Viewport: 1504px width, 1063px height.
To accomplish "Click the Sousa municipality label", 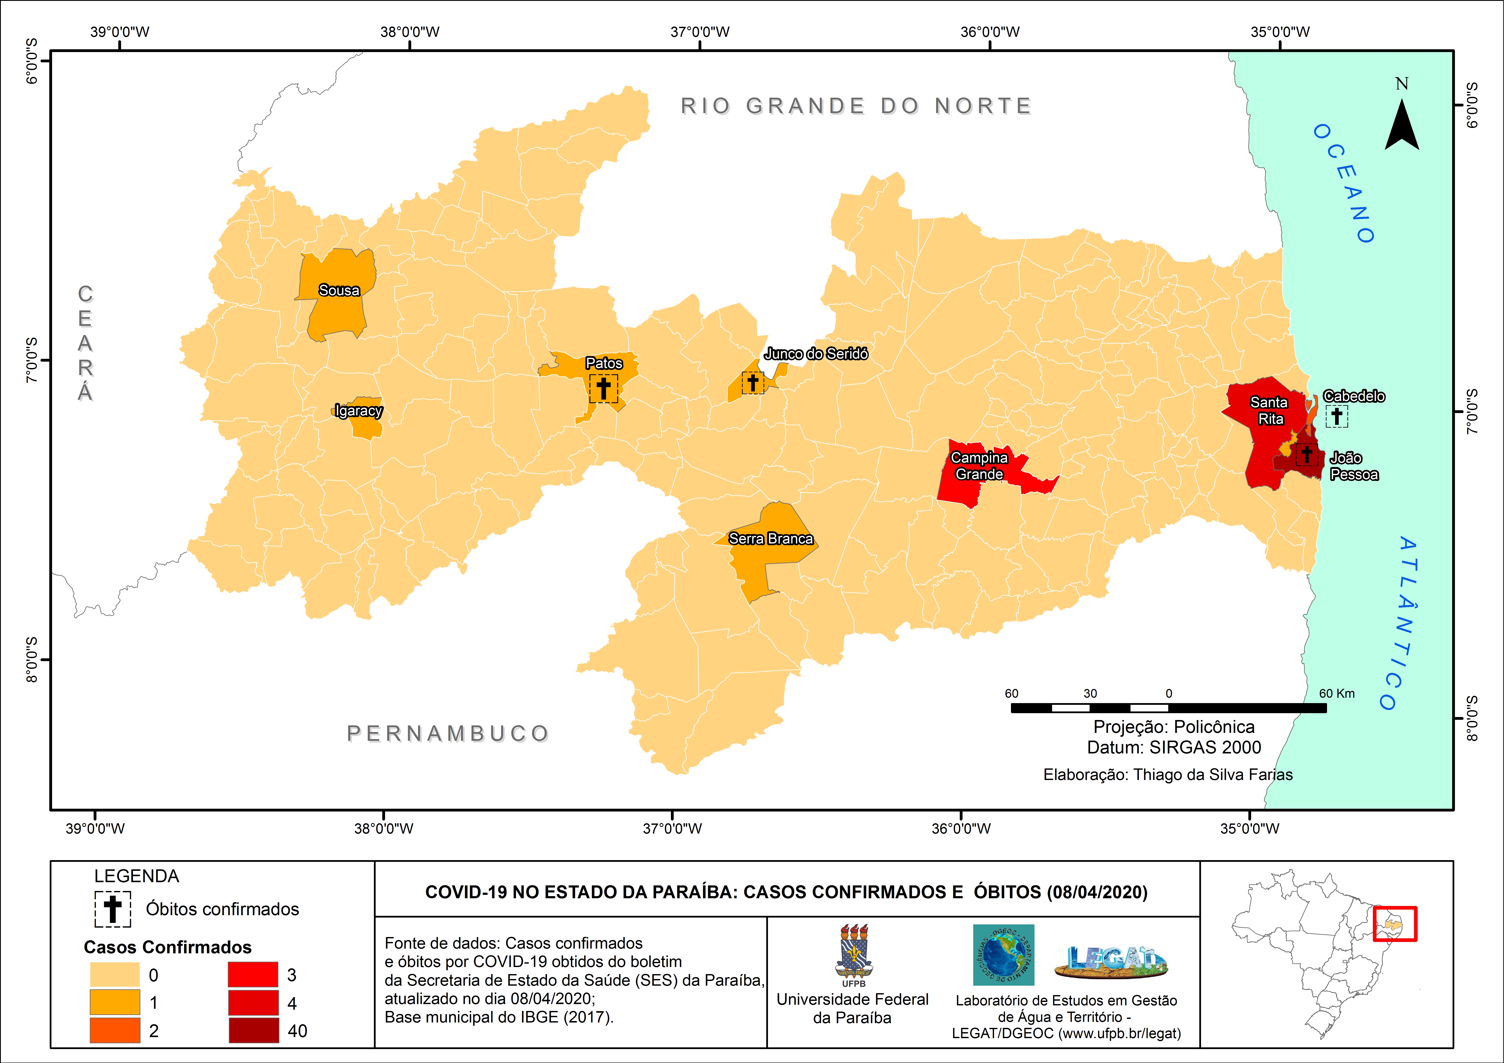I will (339, 290).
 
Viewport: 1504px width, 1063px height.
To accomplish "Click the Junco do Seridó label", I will (816, 354).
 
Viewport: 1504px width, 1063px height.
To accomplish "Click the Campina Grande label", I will (979, 466).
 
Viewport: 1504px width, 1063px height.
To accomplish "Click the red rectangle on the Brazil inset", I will (1395, 924).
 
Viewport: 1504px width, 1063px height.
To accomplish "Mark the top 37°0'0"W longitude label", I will (700, 31).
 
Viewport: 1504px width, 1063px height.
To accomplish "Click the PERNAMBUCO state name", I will (448, 733).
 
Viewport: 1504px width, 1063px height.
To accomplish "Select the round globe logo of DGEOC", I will (1003, 955).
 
